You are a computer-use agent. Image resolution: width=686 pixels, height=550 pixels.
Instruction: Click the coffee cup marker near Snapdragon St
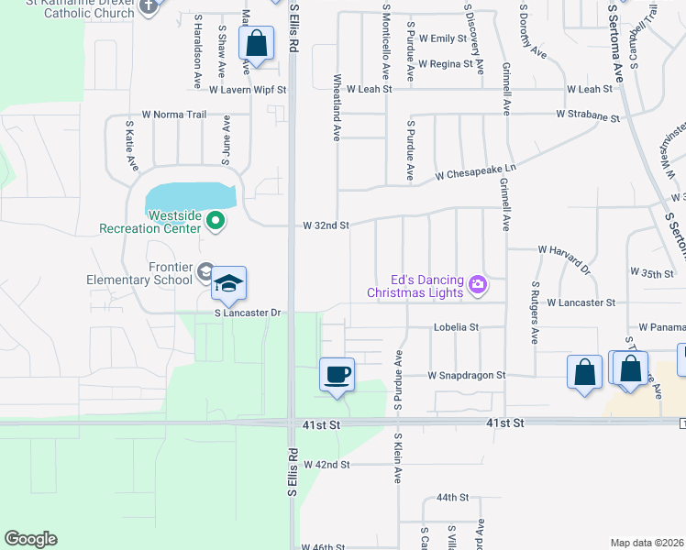(337, 374)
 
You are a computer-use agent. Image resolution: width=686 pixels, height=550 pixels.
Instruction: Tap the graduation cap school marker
(229, 283)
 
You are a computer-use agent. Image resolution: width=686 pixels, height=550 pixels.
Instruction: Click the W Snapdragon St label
(466, 376)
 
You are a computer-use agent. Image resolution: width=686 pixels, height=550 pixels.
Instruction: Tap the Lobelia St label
(456, 327)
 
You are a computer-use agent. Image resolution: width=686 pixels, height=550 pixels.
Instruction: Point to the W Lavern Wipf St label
(248, 91)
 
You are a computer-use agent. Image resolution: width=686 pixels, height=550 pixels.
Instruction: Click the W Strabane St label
(588, 115)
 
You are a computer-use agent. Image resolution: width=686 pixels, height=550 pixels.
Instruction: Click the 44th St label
(452, 497)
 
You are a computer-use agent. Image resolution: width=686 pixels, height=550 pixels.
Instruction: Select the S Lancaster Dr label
(247, 313)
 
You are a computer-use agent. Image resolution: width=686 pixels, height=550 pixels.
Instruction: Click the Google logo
(30, 539)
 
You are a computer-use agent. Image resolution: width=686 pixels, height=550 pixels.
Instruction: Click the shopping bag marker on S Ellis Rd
(257, 43)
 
